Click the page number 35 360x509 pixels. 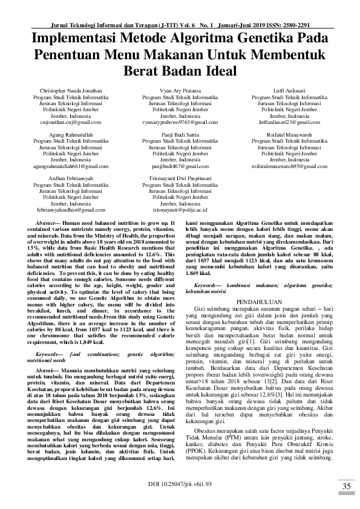point(347,487)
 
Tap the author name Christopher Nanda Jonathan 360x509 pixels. point(66,91)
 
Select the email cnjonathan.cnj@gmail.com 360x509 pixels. point(66,122)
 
